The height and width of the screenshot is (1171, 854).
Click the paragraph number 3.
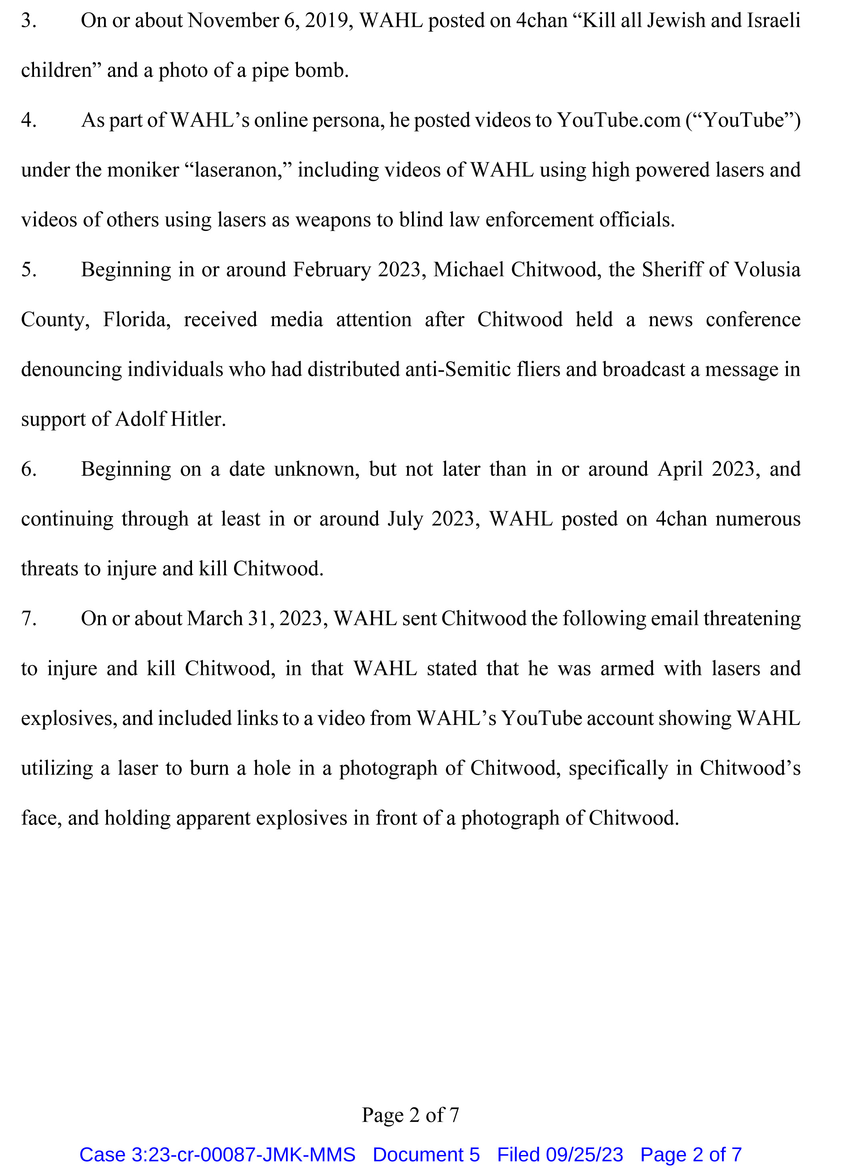point(28,21)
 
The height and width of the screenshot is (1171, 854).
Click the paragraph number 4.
point(28,120)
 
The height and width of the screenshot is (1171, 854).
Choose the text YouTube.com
point(618,120)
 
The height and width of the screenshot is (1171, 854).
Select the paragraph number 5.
point(28,270)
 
